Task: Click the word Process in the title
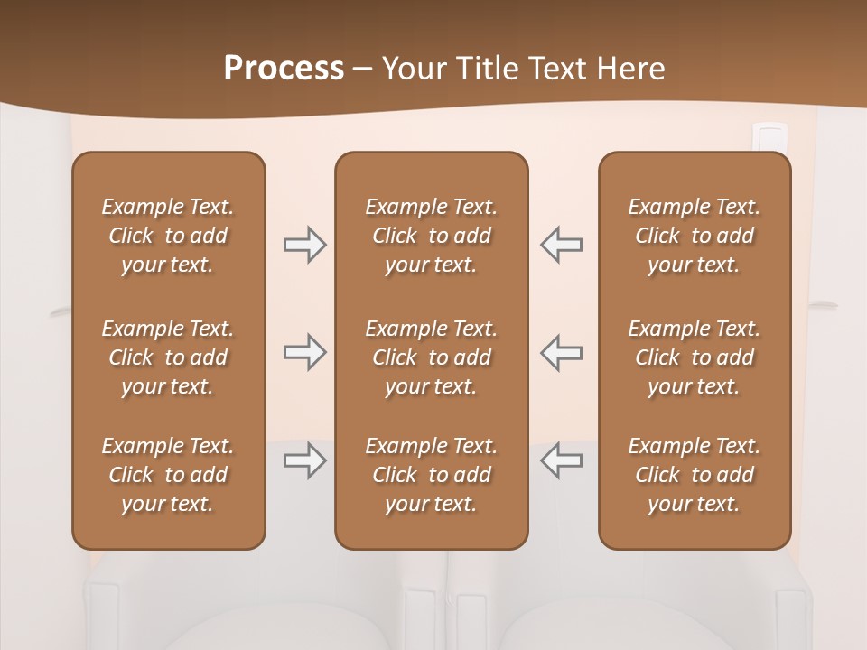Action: pos(284,69)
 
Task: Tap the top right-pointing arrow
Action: pos(304,245)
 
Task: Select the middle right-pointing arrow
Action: pos(304,352)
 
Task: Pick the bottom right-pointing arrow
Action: pos(304,460)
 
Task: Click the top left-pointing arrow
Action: pos(562,245)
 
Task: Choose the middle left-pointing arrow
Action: pos(562,352)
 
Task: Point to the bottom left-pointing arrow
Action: pos(562,460)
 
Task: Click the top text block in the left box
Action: pos(168,236)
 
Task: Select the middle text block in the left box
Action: pos(168,357)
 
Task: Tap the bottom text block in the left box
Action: pos(168,475)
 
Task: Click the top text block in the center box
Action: pos(431,236)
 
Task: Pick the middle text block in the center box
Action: pos(431,357)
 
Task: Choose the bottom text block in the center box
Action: pos(431,475)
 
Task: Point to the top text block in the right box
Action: pos(695,236)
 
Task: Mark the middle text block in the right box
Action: pos(695,357)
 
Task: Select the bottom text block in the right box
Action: pos(695,475)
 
